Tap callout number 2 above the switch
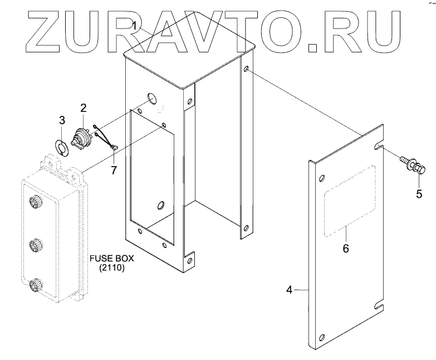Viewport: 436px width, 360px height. (x=83, y=108)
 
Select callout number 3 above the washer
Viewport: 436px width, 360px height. (x=62, y=120)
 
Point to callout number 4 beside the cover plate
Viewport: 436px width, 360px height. (x=289, y=289)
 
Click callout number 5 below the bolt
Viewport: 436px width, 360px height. (x=419, y=194)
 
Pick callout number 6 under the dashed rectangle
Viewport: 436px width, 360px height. (x=345, y=248)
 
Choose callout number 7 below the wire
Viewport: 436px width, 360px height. (x=114, y=169)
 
